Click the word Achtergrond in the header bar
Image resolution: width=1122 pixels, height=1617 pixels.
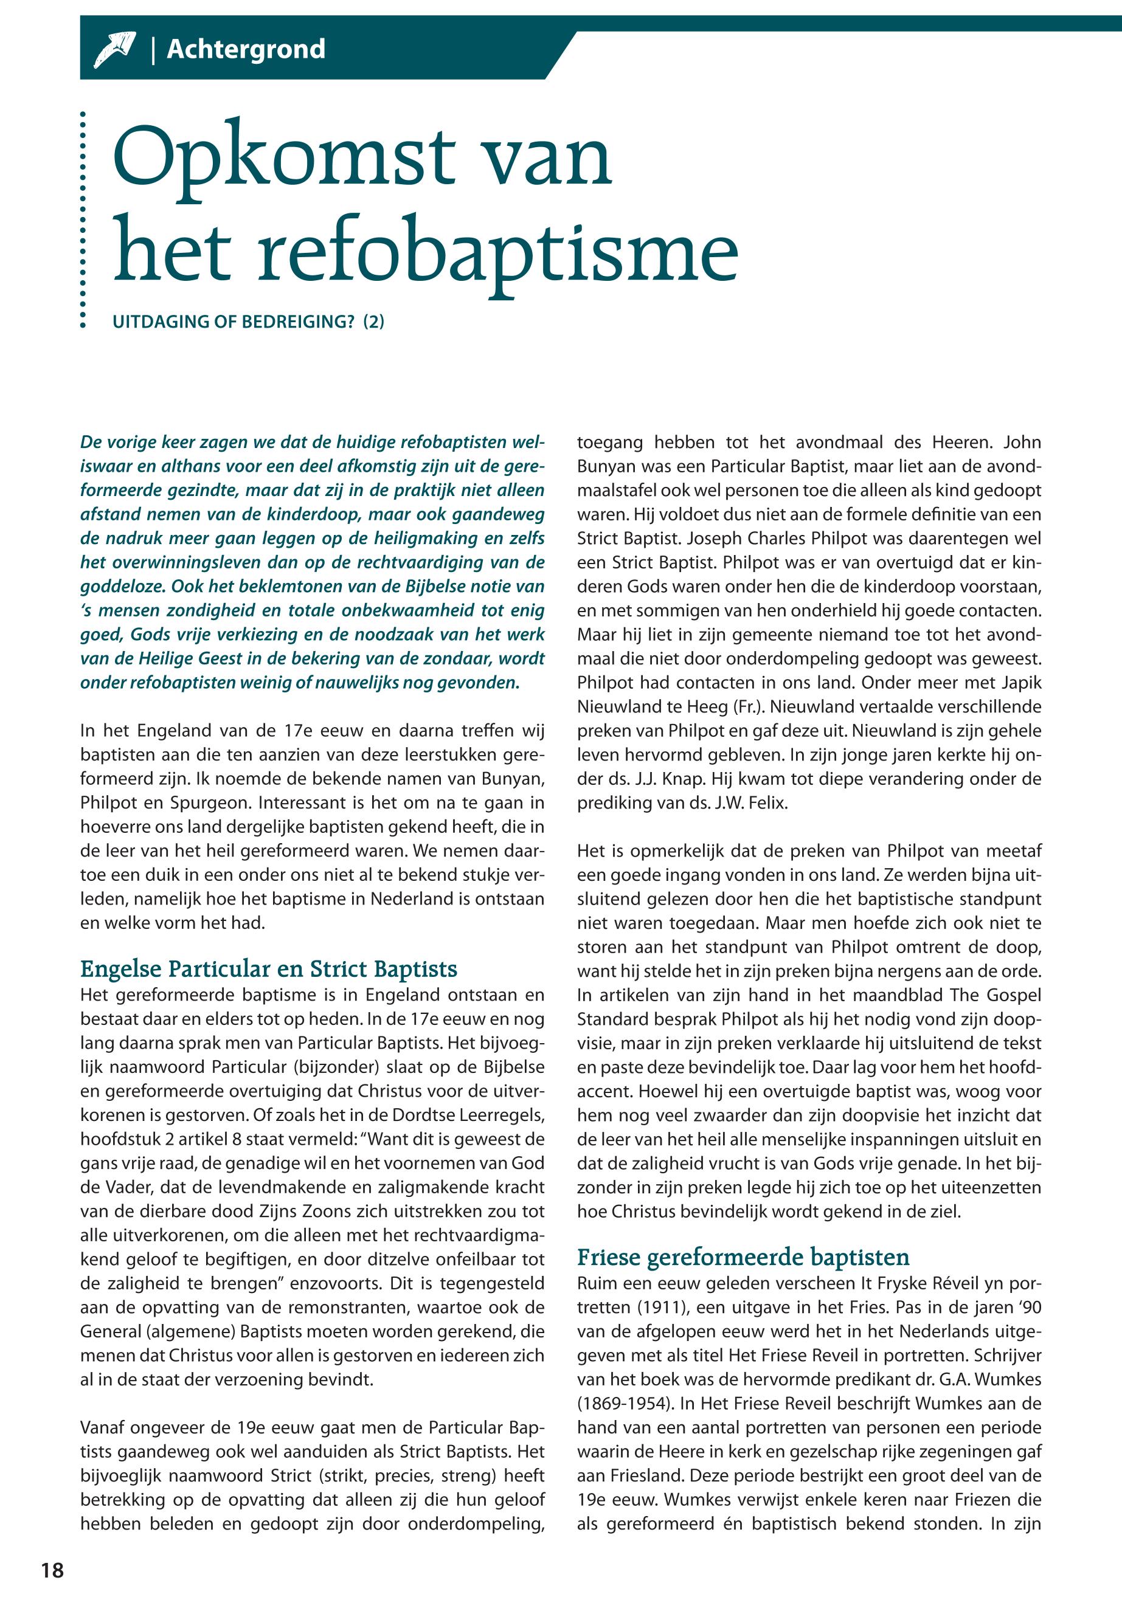(246, 50)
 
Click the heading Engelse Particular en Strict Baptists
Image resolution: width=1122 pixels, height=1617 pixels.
(269, 969)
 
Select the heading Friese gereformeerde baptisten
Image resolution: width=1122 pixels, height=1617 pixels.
(743, 1257)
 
